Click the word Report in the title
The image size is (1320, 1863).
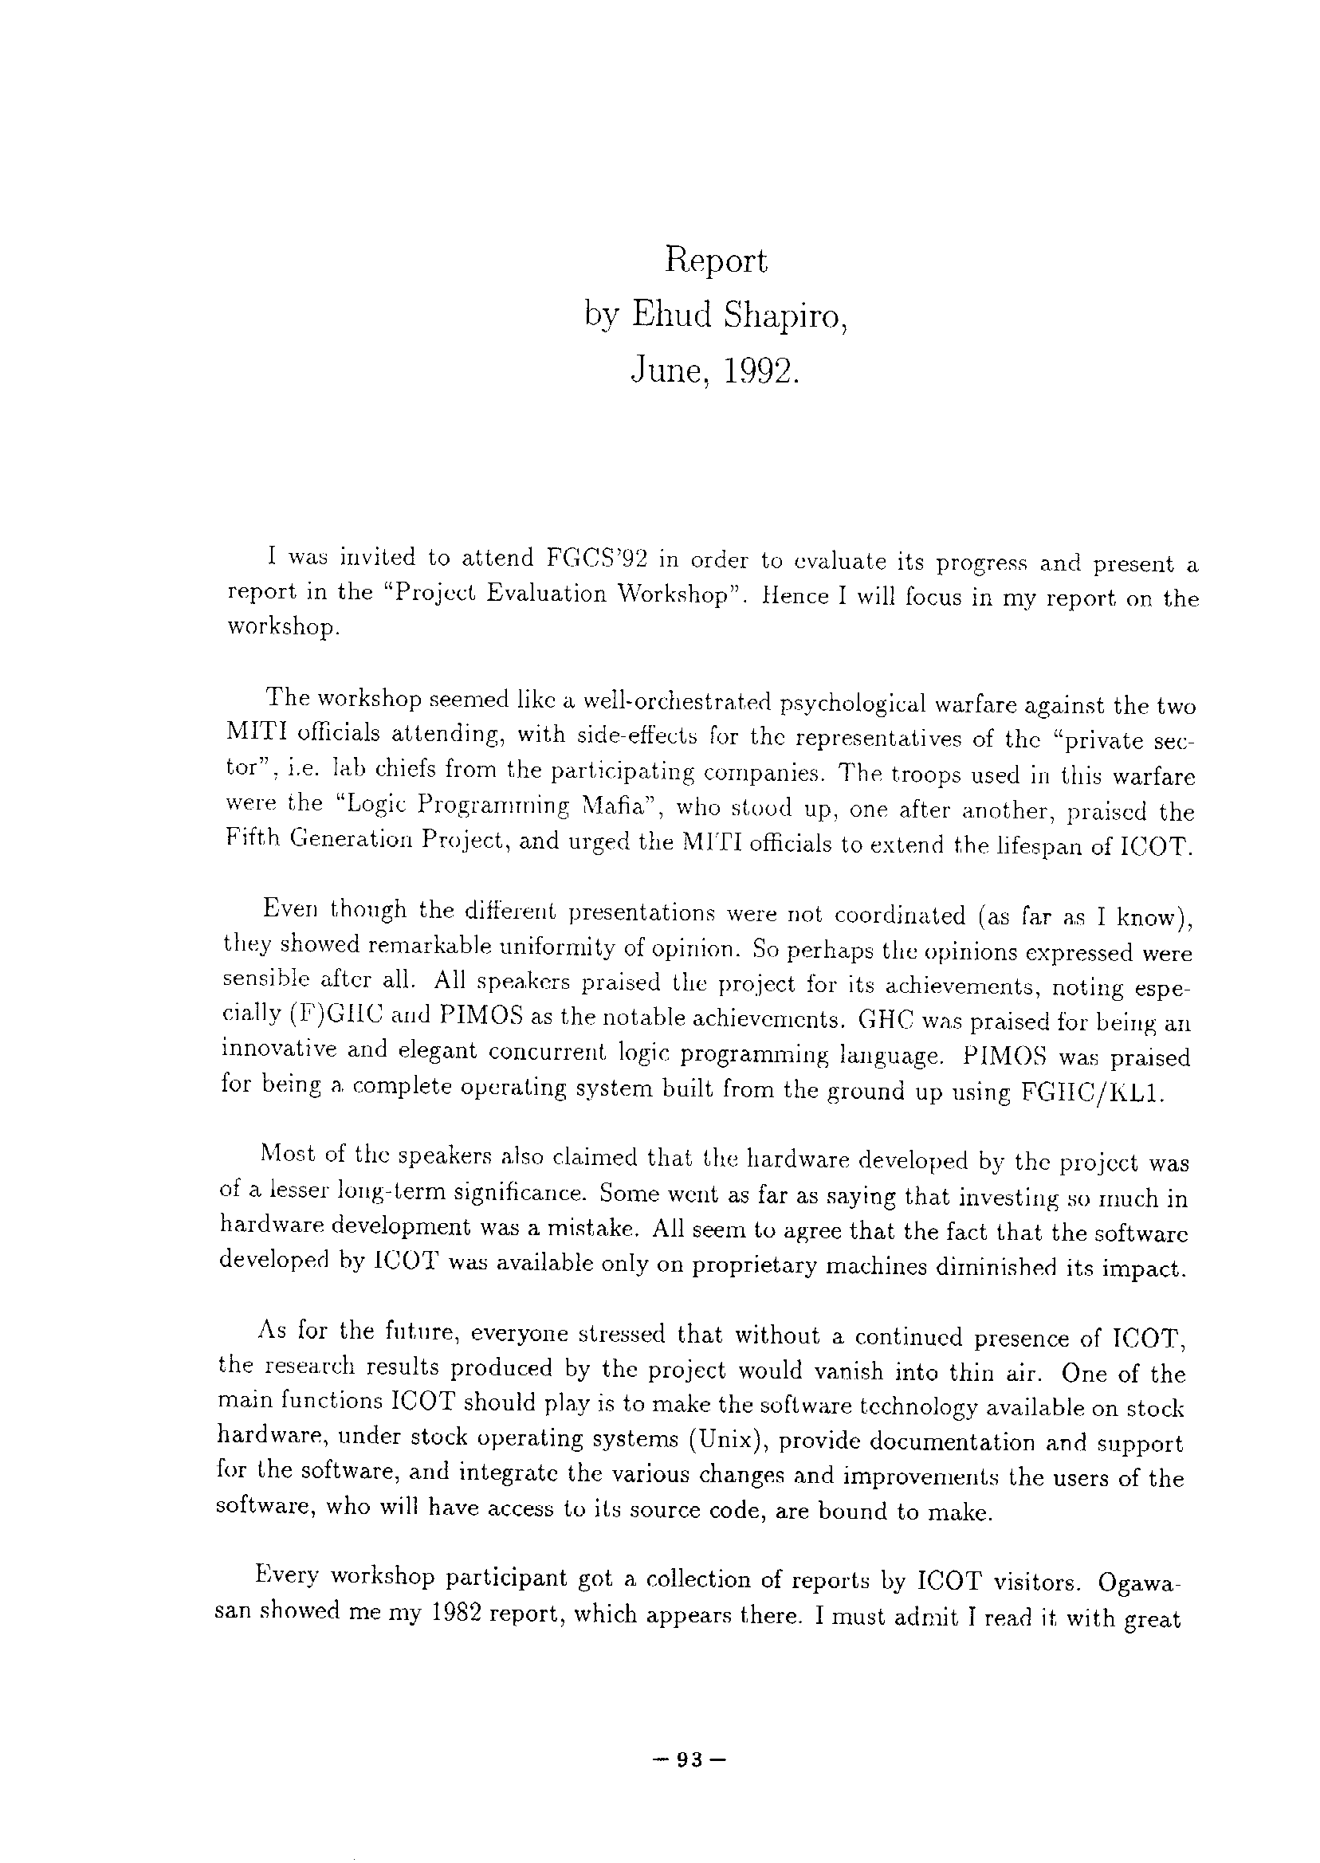(x=716, y=261)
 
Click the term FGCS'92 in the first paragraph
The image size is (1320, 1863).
(x=592, y=558)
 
